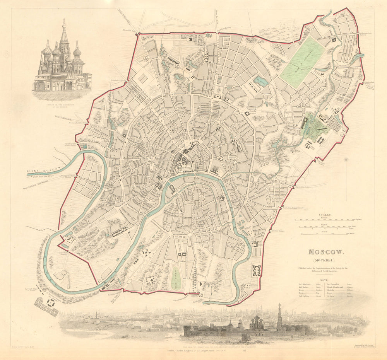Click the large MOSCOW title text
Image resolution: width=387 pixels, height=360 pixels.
pyautogui.click(x=325, y=252)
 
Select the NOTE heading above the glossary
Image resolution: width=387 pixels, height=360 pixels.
pyautogui.click(x=324, y=279)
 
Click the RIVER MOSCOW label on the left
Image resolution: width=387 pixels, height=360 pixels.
pyautogui.click(x=44, y=170)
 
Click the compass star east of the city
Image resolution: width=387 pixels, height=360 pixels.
pyautogui.click(x=346, y=159)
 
